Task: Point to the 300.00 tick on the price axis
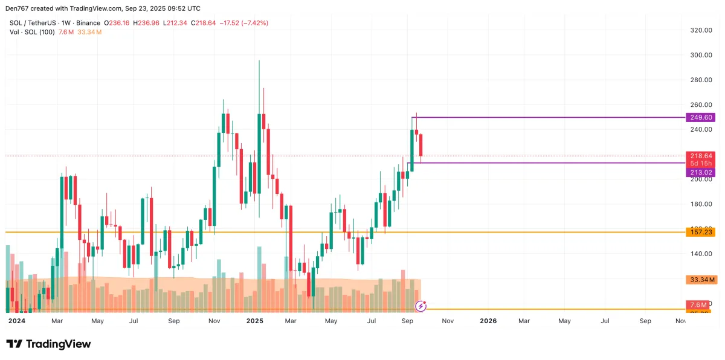pos(700,54)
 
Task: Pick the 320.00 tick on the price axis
pos(700,30)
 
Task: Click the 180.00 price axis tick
pos(700,204)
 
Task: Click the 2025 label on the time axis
pos(255,321)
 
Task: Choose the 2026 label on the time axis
pos(488,321)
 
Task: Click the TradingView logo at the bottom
pos(48,344)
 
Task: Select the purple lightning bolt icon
pos(422,306)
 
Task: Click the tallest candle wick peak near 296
pos(259,61)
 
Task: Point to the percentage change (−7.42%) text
pos(254,23)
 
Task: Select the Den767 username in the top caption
pos(18,8)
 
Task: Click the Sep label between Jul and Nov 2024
pos(173,321)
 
